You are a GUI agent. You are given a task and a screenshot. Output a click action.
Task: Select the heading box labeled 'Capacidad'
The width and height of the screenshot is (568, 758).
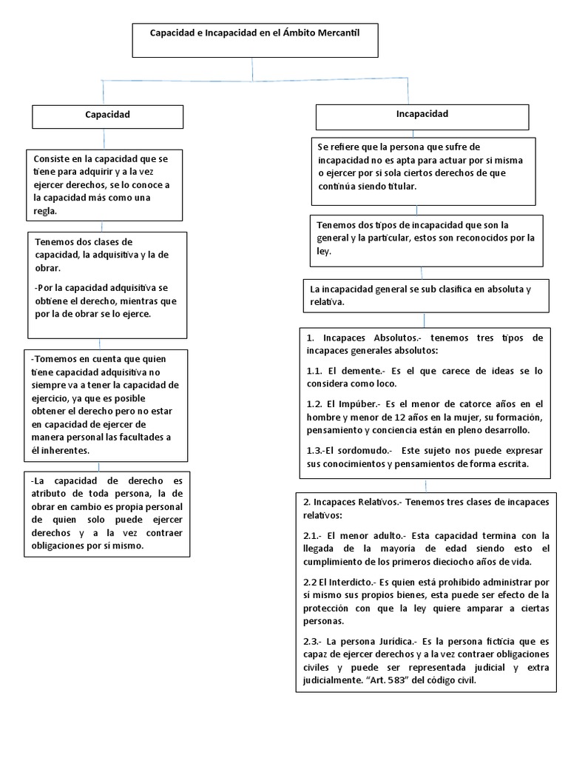[107, 116]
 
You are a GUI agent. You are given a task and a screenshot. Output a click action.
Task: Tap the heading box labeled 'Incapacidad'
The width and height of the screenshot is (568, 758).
[422, 116]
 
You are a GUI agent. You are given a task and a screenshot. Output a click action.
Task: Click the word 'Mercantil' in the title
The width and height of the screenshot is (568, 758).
[335, 33]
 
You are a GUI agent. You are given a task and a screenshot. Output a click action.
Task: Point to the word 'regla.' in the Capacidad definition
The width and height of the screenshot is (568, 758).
[45, 211]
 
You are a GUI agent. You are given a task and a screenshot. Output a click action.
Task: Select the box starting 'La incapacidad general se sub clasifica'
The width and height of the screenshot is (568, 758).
[426, 296]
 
